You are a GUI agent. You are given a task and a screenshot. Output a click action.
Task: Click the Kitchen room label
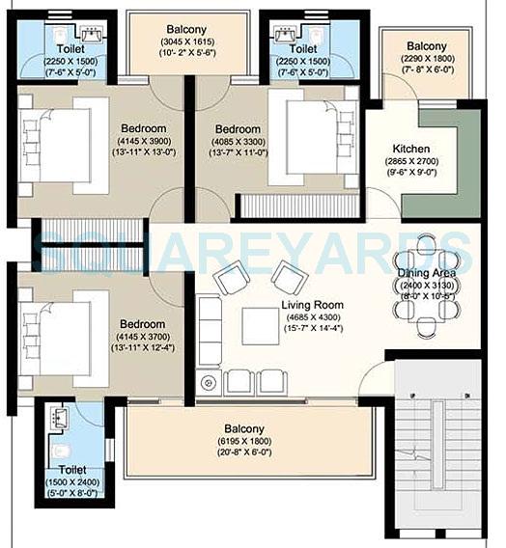[410, 150]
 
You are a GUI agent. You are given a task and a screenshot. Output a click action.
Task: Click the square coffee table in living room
[259, 322]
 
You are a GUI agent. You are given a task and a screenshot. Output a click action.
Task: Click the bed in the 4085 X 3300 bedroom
[307, 137]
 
